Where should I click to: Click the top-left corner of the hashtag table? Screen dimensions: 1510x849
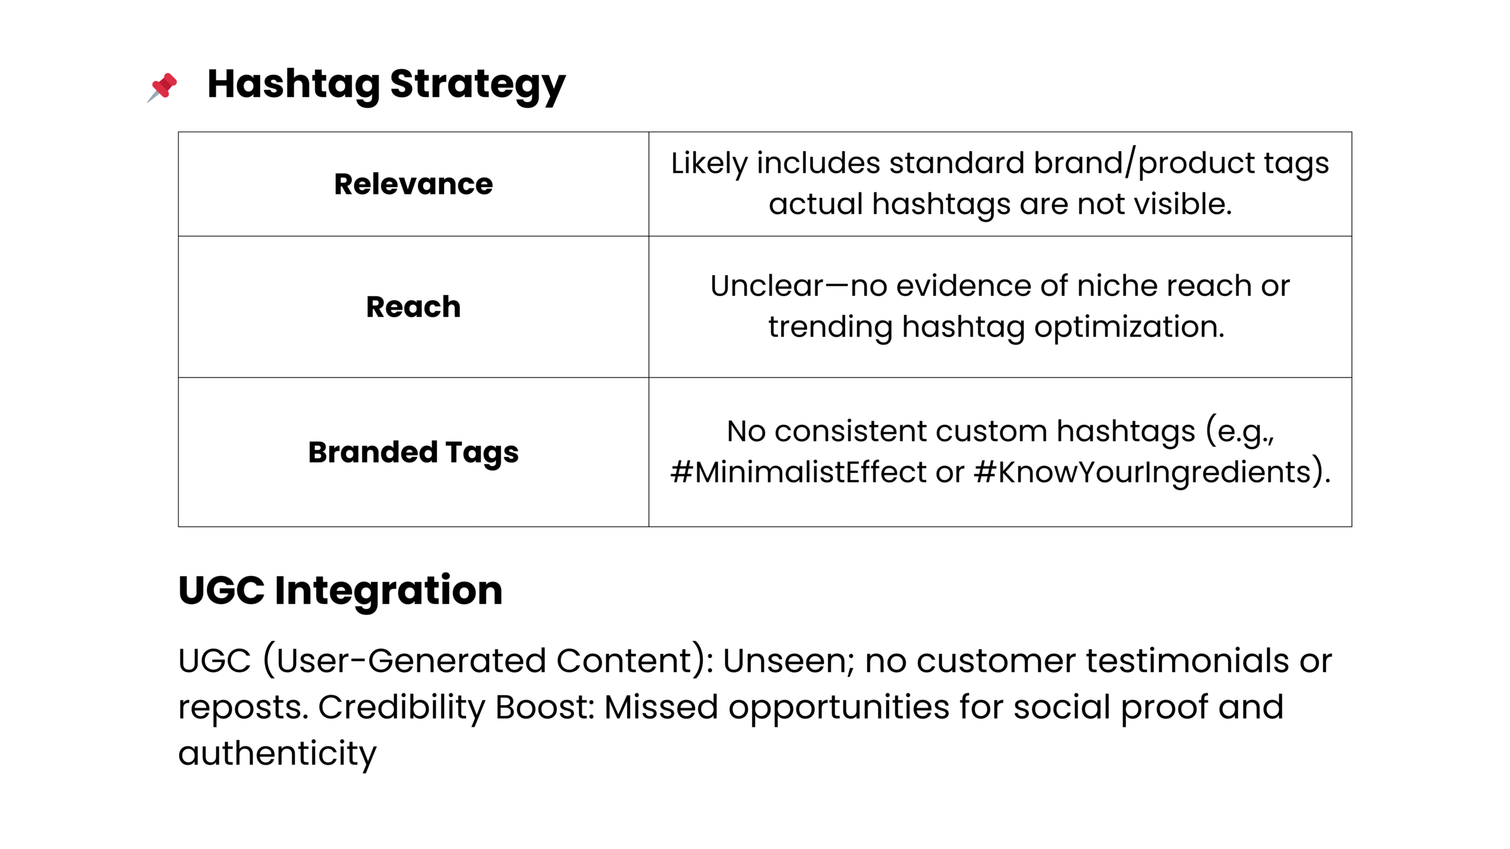178,132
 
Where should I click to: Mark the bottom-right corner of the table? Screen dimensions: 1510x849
1352,526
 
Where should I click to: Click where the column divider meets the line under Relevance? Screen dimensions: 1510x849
649,236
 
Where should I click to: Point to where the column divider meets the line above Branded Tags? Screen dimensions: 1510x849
649,377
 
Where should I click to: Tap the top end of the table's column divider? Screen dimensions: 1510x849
649,132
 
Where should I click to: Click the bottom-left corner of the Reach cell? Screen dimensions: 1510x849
178,377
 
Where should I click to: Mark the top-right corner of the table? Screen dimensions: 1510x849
1352,132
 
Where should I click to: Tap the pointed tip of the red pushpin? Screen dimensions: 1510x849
147,103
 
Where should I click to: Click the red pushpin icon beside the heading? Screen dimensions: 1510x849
162,87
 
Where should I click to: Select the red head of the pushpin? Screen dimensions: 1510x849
165,84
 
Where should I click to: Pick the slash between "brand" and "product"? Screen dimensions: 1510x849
1131,163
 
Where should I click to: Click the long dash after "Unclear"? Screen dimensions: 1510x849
836,286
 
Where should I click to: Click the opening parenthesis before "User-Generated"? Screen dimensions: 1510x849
268,660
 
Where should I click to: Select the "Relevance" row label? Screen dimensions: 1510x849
413,184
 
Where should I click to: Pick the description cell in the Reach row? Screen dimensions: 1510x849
1000,307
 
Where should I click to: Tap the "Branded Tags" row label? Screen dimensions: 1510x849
413,453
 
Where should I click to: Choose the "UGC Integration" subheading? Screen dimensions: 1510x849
340,590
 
